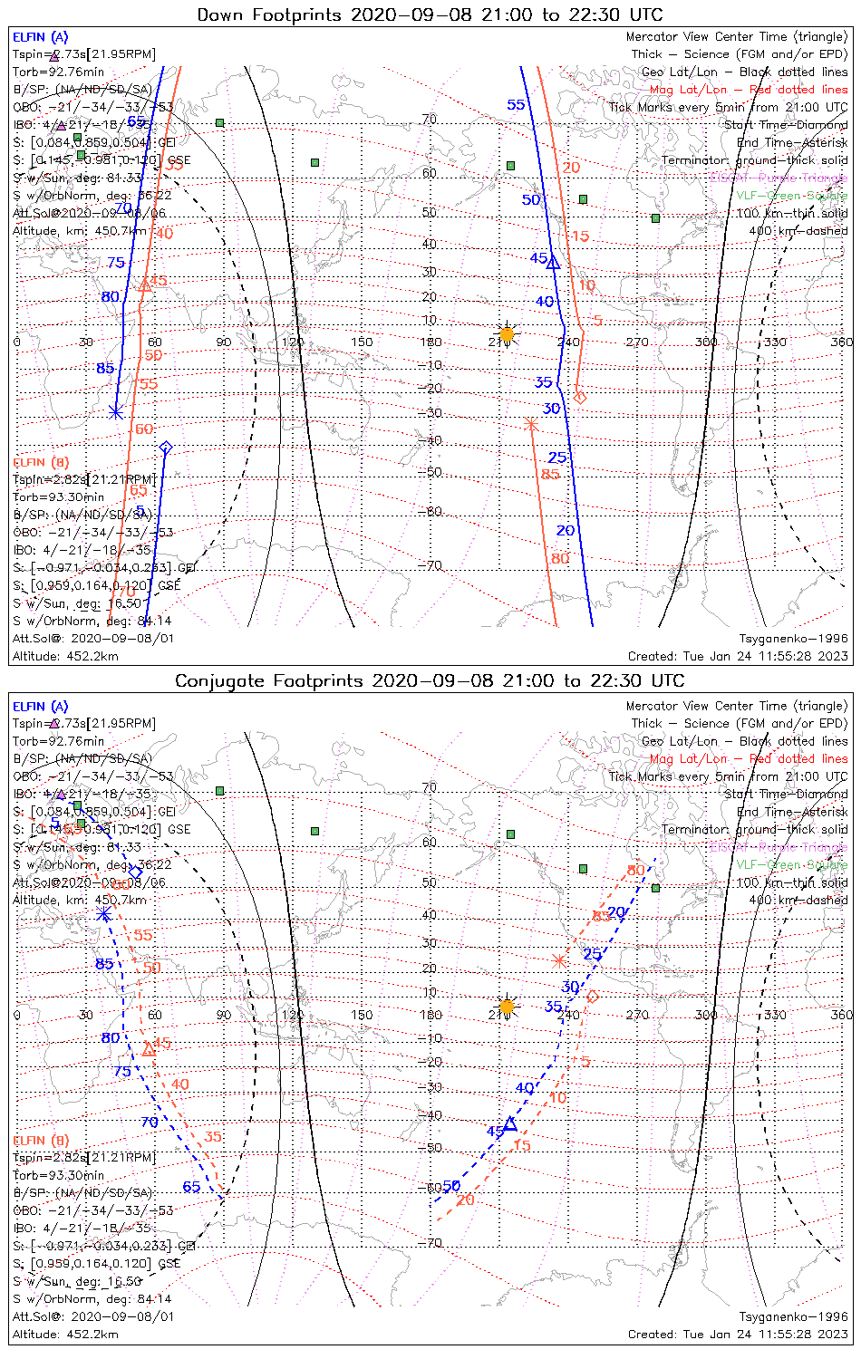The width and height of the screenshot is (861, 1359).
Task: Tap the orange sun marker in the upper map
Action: tap(507, 335)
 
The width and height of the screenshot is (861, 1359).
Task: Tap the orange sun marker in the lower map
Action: tap(507, 1007)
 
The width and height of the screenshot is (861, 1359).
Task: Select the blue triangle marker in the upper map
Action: tap(554, 263)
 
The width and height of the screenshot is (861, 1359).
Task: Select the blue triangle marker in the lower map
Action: tap(510, 1123)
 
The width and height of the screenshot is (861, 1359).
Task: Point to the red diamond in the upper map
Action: tap(580, 397)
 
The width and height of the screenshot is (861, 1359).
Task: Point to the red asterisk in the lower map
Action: tap(559, 960)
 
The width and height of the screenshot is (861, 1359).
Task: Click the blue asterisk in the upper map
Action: tap(115, 411)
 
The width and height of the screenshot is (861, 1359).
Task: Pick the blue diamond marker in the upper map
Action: tap(165, 448)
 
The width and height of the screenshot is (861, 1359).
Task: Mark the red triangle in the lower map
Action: tap(149, 1049)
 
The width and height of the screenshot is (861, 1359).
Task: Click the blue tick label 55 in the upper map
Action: tap(516, 105)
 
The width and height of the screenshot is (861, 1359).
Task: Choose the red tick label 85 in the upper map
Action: tap(550, 474)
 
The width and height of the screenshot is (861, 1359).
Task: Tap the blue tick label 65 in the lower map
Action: tap(191, 1187)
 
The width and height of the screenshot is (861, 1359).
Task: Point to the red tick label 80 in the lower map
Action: tap(636, 871)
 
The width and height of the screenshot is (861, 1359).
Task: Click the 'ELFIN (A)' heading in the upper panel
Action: tap(40, 37)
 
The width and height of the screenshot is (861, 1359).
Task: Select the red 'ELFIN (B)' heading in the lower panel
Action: tap(41, 1140)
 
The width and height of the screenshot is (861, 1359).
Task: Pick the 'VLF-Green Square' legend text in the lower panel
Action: tap(791, 865)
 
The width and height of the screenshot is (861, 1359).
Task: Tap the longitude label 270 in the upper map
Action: tap(637, 342)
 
